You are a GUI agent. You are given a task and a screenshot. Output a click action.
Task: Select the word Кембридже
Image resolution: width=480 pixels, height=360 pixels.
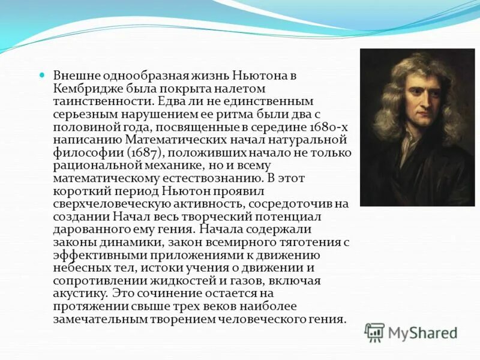82,89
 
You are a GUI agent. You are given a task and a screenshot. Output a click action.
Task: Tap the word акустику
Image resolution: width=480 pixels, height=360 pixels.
80,293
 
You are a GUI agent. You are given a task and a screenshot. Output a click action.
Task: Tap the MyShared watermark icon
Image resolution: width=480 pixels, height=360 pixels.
375,332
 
